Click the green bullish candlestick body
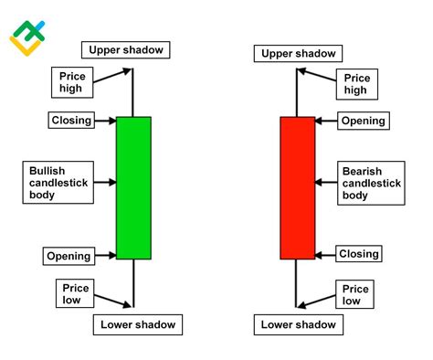134,187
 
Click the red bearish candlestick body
296,187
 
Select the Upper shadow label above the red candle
299,54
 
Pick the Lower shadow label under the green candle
136,323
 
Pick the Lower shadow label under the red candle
299,323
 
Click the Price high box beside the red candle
356,83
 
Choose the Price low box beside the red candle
353,294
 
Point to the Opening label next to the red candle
363,121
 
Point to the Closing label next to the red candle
359,254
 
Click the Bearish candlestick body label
371,183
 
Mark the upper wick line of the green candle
134,90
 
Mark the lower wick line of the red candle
296,283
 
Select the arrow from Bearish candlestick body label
326,183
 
